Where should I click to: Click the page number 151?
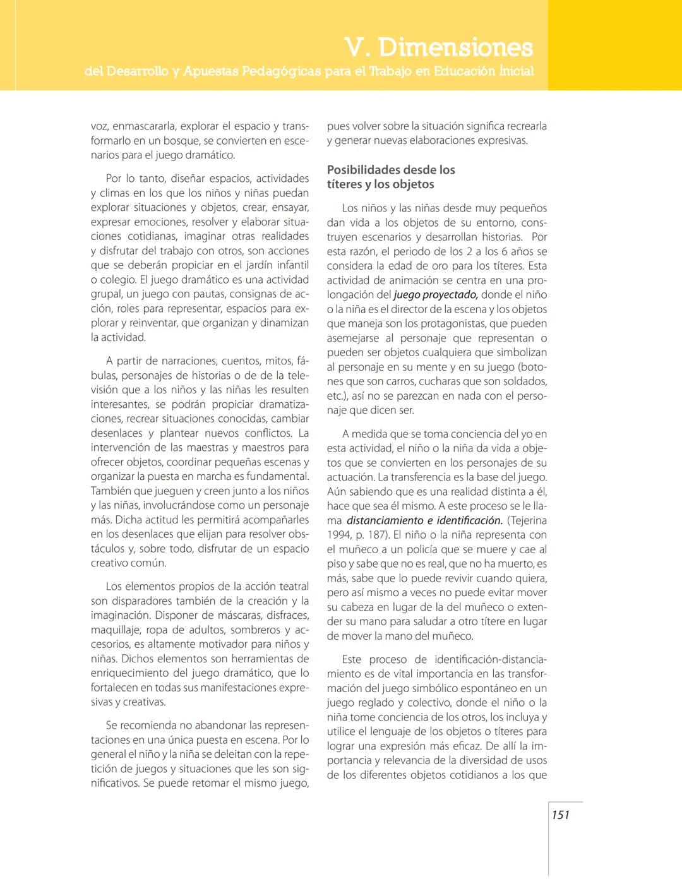[x=560, y=815]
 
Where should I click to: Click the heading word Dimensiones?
[x=455, y=47]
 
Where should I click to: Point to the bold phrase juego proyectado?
[x=436, y=295]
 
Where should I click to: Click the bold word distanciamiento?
[x=385, y=521]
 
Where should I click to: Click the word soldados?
[x=523, y=381]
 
